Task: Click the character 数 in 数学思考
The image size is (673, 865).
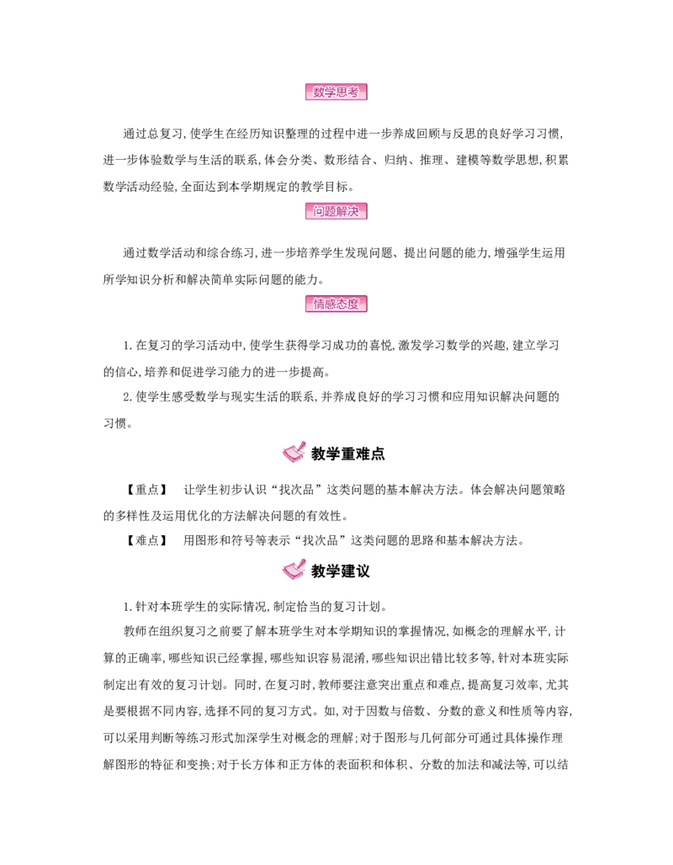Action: (x=319, y=93)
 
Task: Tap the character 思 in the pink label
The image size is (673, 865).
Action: (x=342, y=93)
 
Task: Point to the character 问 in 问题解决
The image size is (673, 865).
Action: (x=319, y=210)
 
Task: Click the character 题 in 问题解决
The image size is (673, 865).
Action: (x=330, y=210)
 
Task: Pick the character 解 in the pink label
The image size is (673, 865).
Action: (x=342, y=210)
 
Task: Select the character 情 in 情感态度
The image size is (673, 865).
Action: (x=319, y=304)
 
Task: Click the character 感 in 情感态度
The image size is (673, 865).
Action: (x=330, y=304)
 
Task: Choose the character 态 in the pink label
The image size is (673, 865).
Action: (x=342, y=304)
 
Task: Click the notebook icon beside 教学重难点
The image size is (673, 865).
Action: (x=294, y=453)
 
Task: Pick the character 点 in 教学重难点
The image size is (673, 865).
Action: (x=379, y=454)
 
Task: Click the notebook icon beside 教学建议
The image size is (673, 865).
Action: (x=294, y=569)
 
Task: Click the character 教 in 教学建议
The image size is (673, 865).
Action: (x=319, y=571)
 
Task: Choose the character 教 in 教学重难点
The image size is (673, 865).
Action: (x=319, y=454)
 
